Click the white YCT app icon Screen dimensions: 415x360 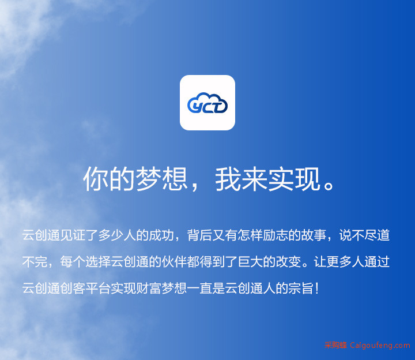point(207,103)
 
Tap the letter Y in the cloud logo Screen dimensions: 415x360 point(197,107)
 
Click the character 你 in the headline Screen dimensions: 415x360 point(96,179)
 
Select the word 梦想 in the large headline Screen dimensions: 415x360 point(162,179)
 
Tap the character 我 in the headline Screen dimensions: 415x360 point(228,179)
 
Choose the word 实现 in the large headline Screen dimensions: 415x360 point(295,179)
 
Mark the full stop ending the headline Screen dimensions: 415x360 point(329,185)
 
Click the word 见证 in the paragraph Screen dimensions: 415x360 point(73,235)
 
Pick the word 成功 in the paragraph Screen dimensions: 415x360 point(162,235)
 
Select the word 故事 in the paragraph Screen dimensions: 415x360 point(314,235)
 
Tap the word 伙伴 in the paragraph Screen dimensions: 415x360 point(175,262)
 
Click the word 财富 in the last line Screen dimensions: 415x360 point(149,288)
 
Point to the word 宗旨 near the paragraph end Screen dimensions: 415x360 point(301,288)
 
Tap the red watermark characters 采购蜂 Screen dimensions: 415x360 point(335,345)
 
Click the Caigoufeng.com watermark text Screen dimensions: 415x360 point(380,346)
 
